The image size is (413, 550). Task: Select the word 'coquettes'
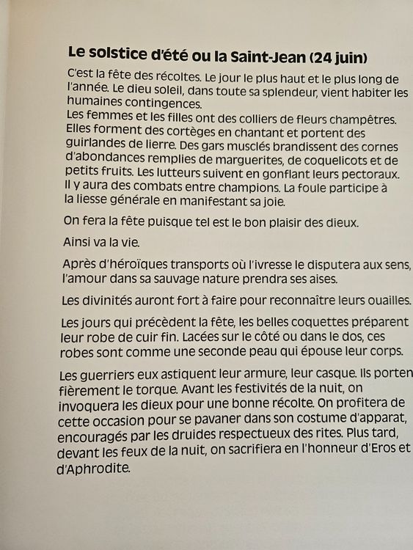[x=288, y=323]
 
